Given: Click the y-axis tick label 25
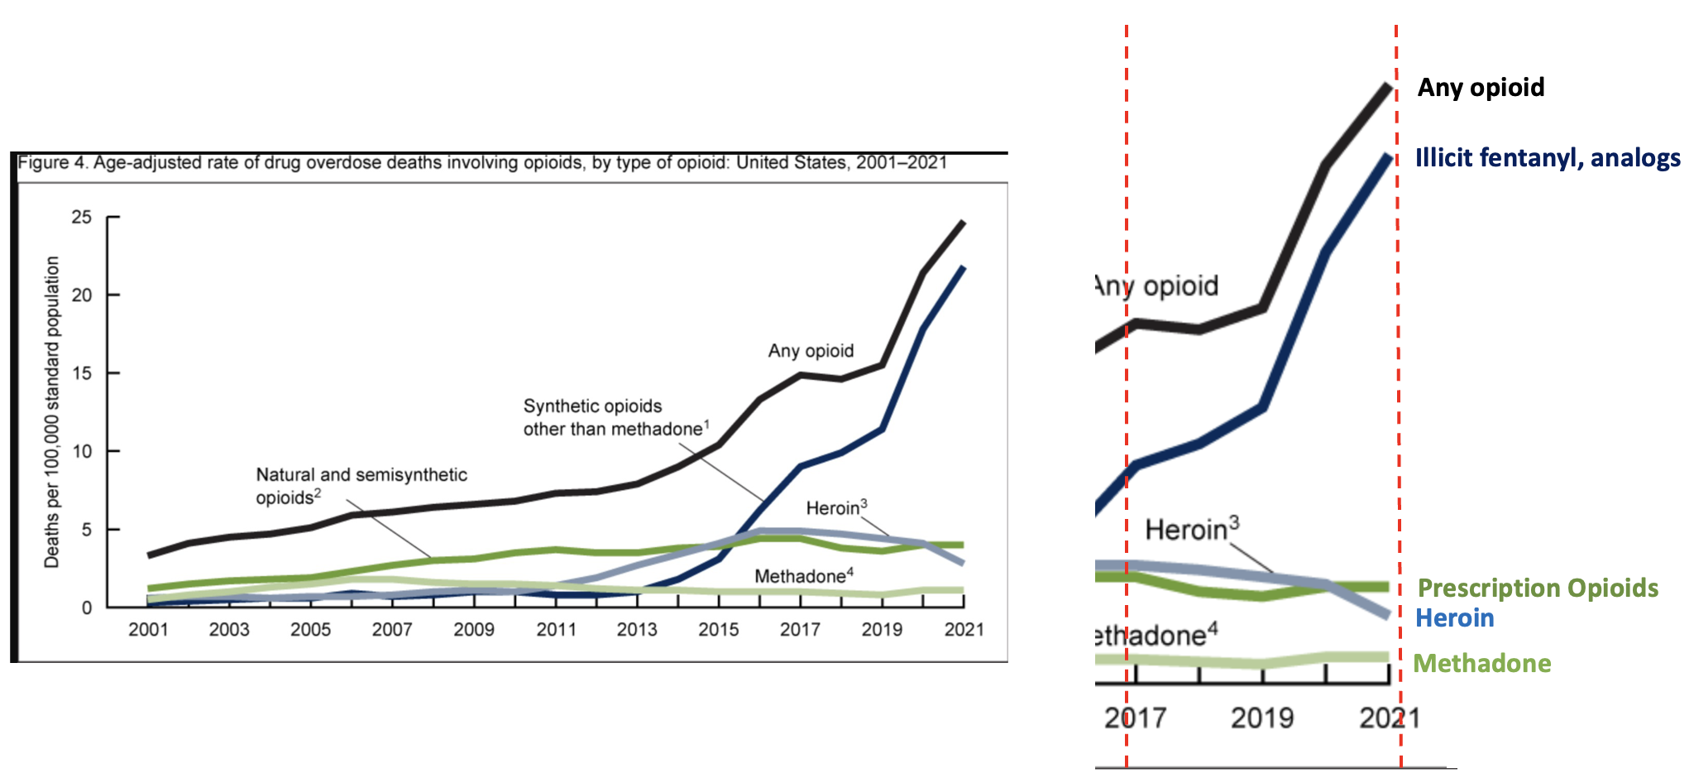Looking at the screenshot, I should click(x=82, y=218).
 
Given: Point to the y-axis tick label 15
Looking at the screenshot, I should click(x=82, y=373).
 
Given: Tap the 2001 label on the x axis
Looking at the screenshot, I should click(x=148, y=630).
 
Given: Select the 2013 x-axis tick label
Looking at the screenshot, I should click(x=637, y=630).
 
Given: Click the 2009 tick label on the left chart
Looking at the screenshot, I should click(x=474, y=630).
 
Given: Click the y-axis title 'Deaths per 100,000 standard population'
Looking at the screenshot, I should click(x=52, y=411).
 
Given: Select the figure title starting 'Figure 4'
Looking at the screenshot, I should click(x=482, y=162).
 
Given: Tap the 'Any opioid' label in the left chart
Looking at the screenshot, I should click(x=811, y=351).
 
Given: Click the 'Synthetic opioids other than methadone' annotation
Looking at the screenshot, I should click(x=615, y=417).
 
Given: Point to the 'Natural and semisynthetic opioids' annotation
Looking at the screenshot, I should click(x=361, y=486).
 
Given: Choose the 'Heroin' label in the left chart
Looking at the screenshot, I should click(x=836, y=507).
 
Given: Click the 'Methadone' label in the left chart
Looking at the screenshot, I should click(x=803, y=576).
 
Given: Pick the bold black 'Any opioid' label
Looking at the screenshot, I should click(x=1481, y=88).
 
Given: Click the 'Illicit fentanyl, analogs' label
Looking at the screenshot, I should click(x=1548, y=158).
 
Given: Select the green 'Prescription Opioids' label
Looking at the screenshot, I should click(x=1538, y=588).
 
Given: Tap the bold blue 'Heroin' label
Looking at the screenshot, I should click(x=1454, y=618).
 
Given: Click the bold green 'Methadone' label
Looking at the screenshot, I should click(x=1481, y=664).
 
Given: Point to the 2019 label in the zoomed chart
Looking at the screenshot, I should click(x=1262, y=718).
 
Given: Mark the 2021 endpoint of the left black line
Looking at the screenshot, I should click(x=963, y=223).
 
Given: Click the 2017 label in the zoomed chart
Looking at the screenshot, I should click(x=1135, y=718).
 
